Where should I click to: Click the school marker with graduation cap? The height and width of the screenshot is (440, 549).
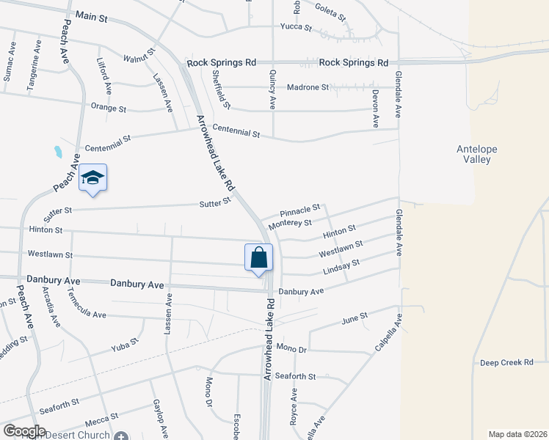(x=93, y=177)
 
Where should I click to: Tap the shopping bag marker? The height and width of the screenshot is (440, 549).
(x=258, y=257)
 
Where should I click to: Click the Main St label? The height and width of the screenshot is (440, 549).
(x=91, y=15)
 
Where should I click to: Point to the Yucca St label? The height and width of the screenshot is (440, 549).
(x=296, y=27)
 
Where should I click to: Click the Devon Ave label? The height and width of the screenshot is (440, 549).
(x=375, y=108)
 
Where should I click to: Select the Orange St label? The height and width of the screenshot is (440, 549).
(x=109, y=108)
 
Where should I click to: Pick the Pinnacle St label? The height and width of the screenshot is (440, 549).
(x=299, y=210)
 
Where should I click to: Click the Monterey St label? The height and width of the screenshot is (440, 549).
(x=291, y=223)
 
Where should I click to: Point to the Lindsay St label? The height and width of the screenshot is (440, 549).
(x=341, y=267)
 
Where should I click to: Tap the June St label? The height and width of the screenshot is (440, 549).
(x=354, y=318)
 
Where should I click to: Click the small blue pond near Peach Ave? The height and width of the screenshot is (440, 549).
(x=57, y=153)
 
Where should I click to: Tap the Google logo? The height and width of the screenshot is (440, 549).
(x=24, y=430)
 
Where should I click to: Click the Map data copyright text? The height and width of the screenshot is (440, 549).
(x=517, y=434)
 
